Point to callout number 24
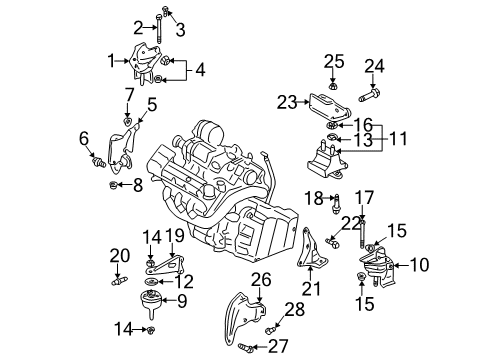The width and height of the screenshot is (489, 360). coord(374,67)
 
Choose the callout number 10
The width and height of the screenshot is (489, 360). coord(417,265)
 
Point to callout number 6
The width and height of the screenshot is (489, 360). coord(84,138)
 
